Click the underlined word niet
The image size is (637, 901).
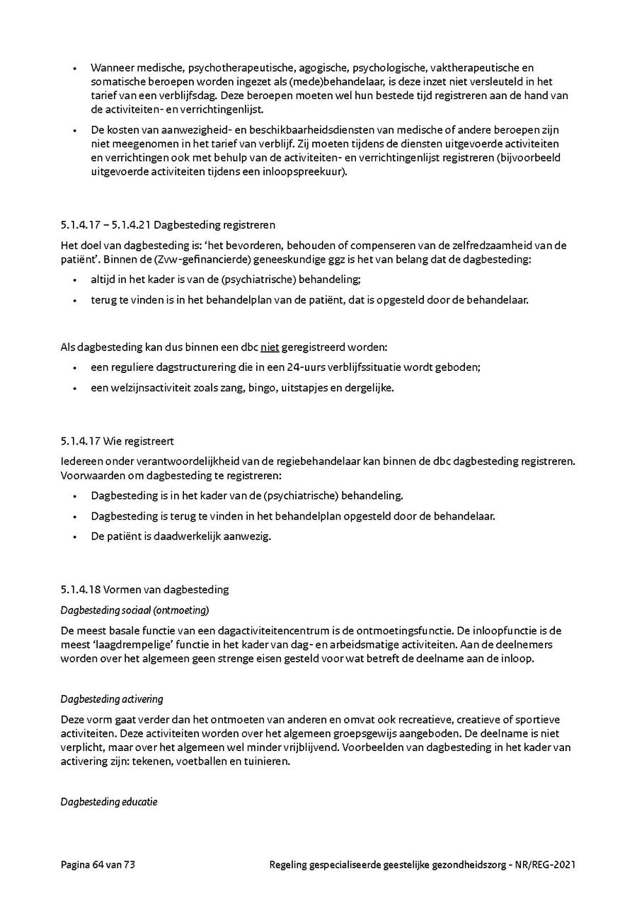270,348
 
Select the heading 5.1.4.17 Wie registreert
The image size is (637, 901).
117,441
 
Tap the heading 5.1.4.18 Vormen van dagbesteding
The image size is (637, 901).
144,589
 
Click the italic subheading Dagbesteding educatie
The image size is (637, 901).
109,802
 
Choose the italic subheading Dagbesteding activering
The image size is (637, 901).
112,699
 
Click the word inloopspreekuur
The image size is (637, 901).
309,172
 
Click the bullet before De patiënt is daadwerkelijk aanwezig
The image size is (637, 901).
75,536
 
